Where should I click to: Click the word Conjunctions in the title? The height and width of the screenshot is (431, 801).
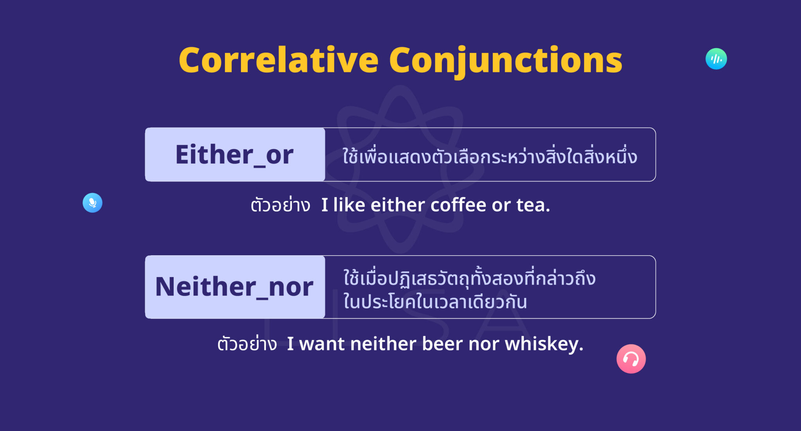click(505, 60)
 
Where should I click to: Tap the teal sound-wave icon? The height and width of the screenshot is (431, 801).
click(716, 59)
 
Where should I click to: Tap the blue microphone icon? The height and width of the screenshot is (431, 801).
click(92, 203)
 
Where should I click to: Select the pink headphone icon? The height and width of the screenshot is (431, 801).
click(631, 359)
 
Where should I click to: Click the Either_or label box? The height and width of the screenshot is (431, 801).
click(235, 154)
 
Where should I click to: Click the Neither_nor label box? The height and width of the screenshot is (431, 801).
click(235, 287)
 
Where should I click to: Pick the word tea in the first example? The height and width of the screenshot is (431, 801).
click(533, 205)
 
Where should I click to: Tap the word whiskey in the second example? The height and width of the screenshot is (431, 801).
click(544, 344)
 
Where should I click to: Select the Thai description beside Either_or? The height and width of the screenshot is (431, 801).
click(490, 156)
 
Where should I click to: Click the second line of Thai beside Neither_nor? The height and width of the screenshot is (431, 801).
click(435, 302)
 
